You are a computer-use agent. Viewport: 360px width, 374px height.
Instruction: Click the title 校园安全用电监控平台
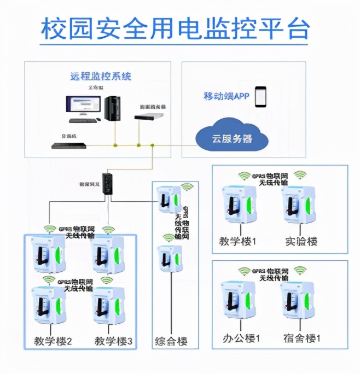pyautogui.click(x=175, y=28)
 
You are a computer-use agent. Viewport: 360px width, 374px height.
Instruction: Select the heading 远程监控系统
pyautogui.click(x=101, y=76)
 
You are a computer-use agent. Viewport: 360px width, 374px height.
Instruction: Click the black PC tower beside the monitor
pyautogui.click(x=113, y=108)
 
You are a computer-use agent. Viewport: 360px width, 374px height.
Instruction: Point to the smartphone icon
pyautogui.click(x=260, y=96)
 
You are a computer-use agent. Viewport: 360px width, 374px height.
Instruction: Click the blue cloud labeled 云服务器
pyautogui.click(x=233, y=139)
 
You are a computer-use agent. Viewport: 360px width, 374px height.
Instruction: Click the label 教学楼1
pyautogui.click(x=237, y=241)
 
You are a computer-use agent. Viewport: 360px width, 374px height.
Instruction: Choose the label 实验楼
pyautogui.click(x=301, y=241)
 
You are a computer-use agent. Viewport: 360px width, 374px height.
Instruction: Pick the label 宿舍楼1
pyautogui.click(x=302, y=338)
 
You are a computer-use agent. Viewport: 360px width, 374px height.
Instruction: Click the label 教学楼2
pyautogui.click(x=53, y=341)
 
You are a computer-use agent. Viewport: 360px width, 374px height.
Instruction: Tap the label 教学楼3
pyautogui.click(x=114, y=341)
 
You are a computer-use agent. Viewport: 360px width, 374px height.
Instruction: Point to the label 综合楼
pyautogui.click(x=171, y=341)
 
